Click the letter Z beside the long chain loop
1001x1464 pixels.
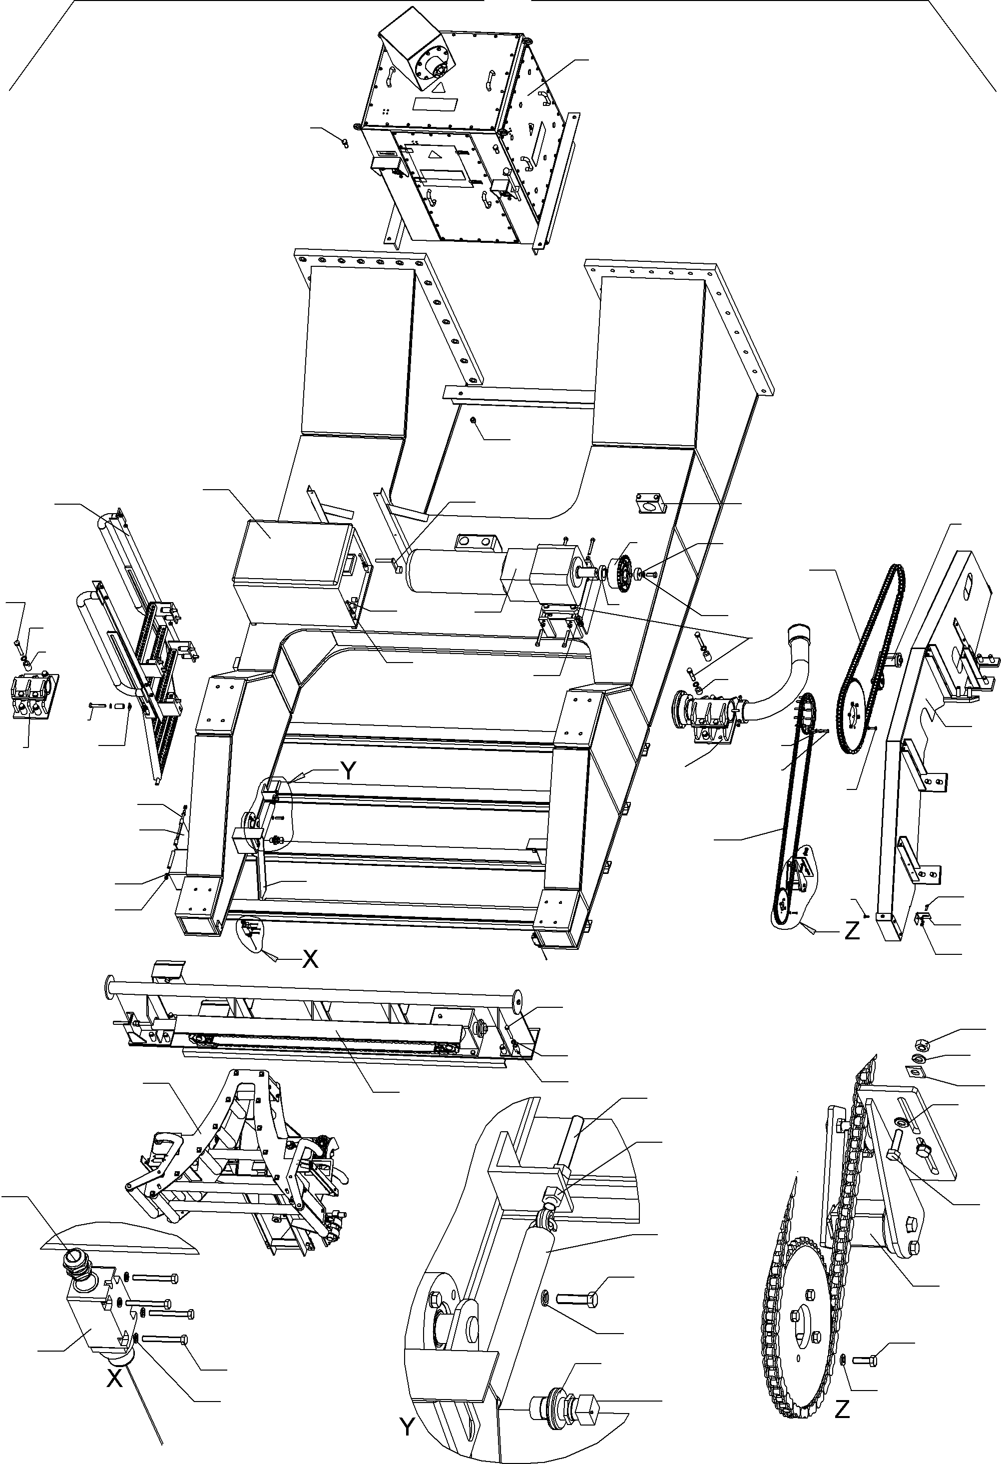[x=851, y=931]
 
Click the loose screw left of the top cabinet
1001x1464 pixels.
[x=344, y=143]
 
